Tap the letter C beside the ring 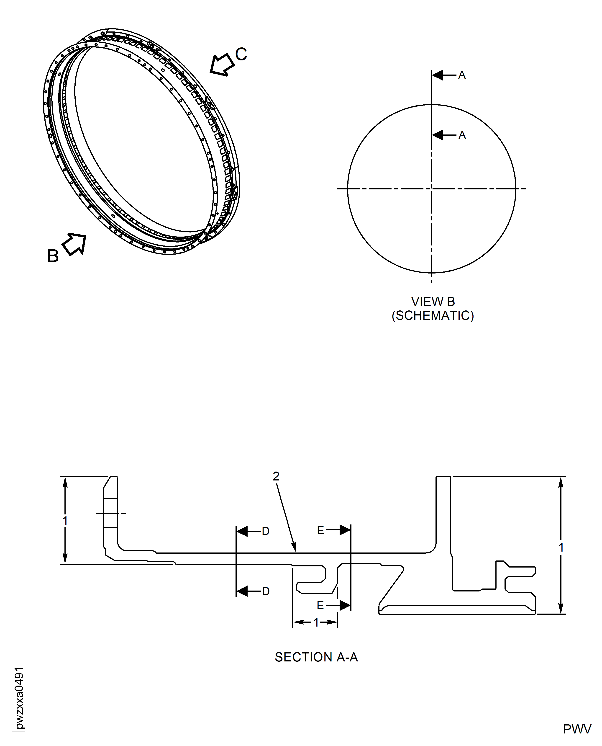[x=241, y=54]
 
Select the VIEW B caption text [x=433, y=302]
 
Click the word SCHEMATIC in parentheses [x=433, y=316]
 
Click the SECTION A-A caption [x=316, y=657]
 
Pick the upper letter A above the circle [x=462, y=75]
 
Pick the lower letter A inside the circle [x=462, y=135]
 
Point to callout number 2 [x=276, y=476]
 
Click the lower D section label [x=266, y=591]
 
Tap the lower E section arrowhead [x=345, y=605]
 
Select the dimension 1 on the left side [x=65, y=520]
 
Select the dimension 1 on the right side [x=561, y=547]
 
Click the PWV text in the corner [x=577, y=729]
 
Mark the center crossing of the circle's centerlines [x=432, y=189]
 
